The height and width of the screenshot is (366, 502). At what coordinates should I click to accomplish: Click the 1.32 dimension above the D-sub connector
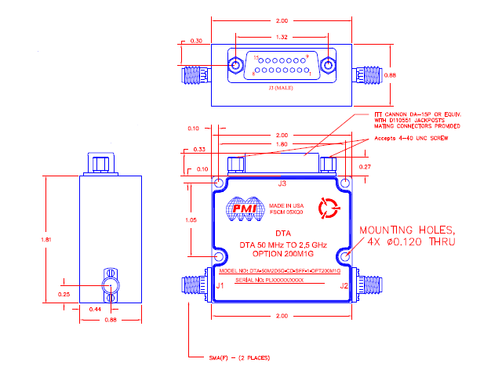[x=280, y=36]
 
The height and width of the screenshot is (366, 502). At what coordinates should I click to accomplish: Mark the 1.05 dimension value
[x=191, y=221]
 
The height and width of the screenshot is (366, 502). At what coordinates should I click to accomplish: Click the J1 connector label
[x=220, y=286]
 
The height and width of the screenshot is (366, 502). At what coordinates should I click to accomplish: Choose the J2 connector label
[x=342, y=286]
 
